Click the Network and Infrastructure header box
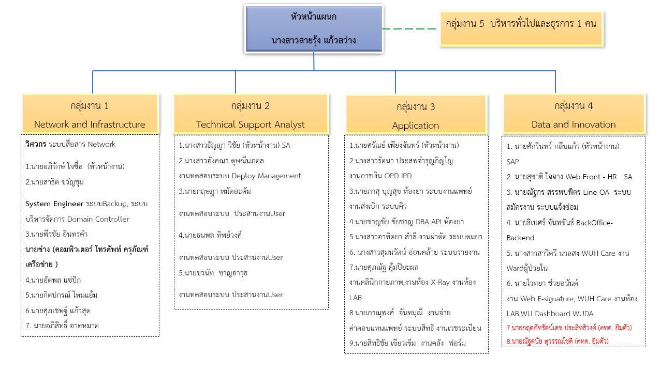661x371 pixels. coord(90,115)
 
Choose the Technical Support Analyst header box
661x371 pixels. coord(250,115)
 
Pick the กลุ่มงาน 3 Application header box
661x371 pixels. coord(416,116)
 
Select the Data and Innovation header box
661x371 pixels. coord(574,115)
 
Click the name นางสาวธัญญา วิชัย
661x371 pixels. coord(212,145)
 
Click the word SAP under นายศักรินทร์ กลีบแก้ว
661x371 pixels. coord(513,162)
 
